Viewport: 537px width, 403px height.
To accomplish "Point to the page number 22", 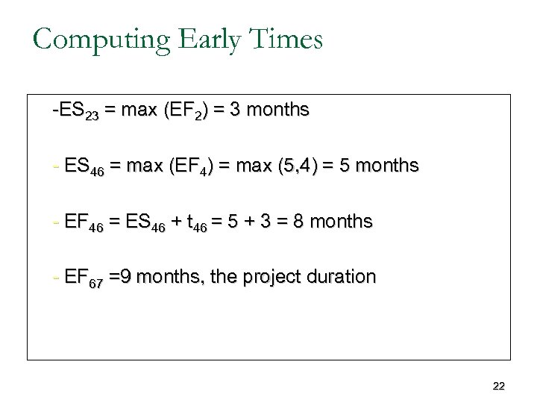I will pyautogui.click(x=499, y=386).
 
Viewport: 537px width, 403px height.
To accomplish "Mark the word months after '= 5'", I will pyautogui.click(x=387, y=166).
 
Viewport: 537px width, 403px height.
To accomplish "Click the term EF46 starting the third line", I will pyautogui.click(x=84, y=222).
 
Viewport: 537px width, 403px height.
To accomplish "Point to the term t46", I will pyautogui.click(x=198, y=222).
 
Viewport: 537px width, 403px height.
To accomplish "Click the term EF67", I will pyautogui.click(x=84, y=278).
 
